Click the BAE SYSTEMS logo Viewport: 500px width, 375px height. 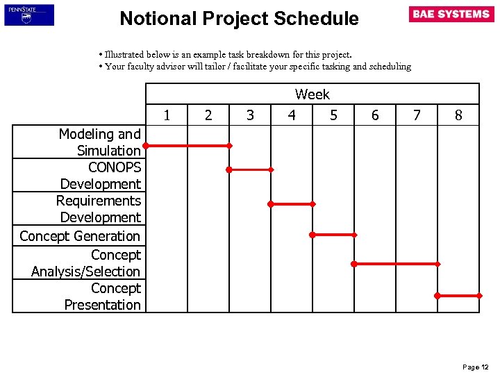coord(451,15)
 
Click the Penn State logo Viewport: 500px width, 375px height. coord(28,15)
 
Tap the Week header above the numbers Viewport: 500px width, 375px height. coord(312,94)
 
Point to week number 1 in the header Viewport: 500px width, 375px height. coord(167,115)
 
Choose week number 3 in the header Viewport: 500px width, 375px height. coord(250,115)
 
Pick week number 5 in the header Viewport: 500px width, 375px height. coord(333,115)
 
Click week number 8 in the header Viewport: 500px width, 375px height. coord(458,115)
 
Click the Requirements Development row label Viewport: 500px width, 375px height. coord(99,209)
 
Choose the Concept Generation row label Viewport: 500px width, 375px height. coord(80,236)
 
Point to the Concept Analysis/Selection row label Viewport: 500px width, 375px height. coord(86,263)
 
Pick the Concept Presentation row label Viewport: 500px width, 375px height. coord(103,297)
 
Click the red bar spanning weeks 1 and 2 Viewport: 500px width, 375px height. coord(187,146)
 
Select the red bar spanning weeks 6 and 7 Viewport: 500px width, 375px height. coord(396,264)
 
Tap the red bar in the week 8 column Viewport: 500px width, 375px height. coord(458,295)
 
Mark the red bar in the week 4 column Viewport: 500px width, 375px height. coord(292,204)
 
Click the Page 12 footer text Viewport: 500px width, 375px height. coord(476,367)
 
